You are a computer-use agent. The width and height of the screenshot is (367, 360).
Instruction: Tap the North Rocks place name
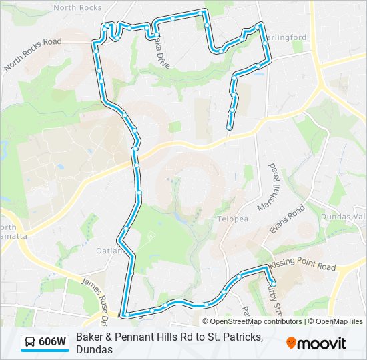[77, 7]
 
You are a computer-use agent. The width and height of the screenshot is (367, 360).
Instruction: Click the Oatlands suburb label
[109, 251]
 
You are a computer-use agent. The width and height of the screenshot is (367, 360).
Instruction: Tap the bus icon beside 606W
[31, 343]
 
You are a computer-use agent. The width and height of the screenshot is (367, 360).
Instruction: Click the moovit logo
[316, 343]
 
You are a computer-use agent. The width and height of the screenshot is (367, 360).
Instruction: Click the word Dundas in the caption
[93, 349]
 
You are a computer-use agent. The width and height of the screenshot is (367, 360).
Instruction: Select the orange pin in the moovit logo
[292, 343]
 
